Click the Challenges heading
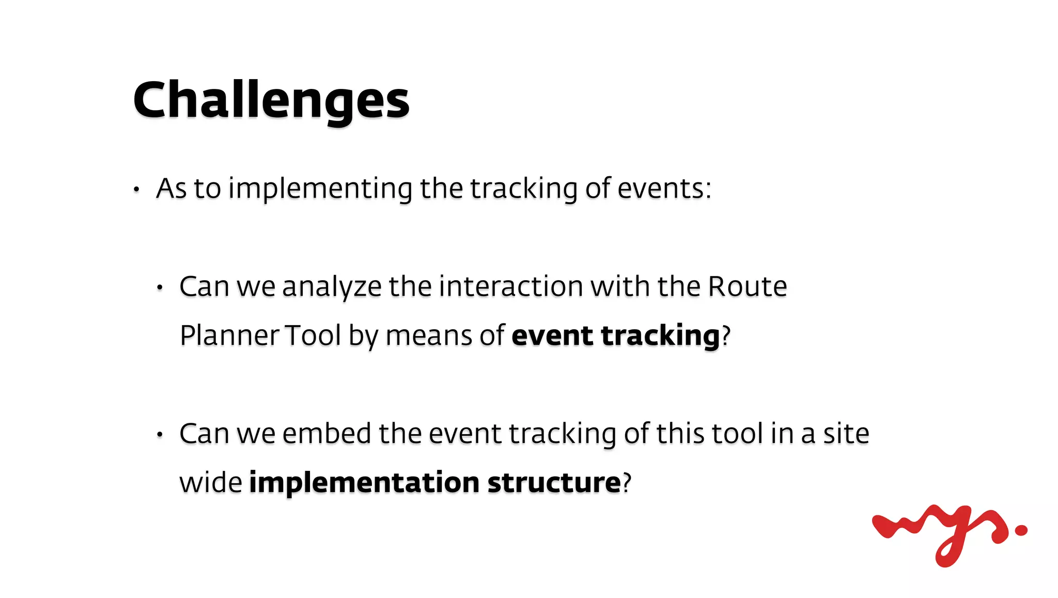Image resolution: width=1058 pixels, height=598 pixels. pyautogui.click(x=271, y=101)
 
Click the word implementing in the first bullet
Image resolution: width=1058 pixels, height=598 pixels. pyautogui.click(x=320, y=189)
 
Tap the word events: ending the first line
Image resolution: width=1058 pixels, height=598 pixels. pyautogui.click(x=664, y=189)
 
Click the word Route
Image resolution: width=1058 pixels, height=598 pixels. pyautogui.click(x=747, y=287)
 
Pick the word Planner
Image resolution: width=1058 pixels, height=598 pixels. pyautogui.click(x=229, y=335)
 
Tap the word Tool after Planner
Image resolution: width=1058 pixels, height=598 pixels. pyautogui.click(x=313, y=335)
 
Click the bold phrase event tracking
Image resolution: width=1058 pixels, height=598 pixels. pyautogui.click(x=615, y=335)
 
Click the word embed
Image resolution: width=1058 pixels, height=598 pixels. pyautogui.click(x=326, y=434)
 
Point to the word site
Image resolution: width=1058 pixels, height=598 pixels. pyautogui.click(x=846, y=434)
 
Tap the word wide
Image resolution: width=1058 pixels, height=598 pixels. pyautogui.click(x=210, y=483)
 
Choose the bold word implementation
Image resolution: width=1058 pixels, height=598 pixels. pyautogui.click(x=364, y=483)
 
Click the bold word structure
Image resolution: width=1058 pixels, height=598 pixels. pyautogui.click(x=554, y=483)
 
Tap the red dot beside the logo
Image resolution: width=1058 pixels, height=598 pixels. pyautogui.click(x=1021, y=530)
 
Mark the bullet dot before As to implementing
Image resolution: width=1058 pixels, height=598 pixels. pyautogui.click(x=136, y=190)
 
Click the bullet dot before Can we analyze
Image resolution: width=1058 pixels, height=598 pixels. pyautogui.click(x=160, y=288)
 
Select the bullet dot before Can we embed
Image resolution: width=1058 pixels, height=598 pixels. pyautogui.click(x=160, y=435)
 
